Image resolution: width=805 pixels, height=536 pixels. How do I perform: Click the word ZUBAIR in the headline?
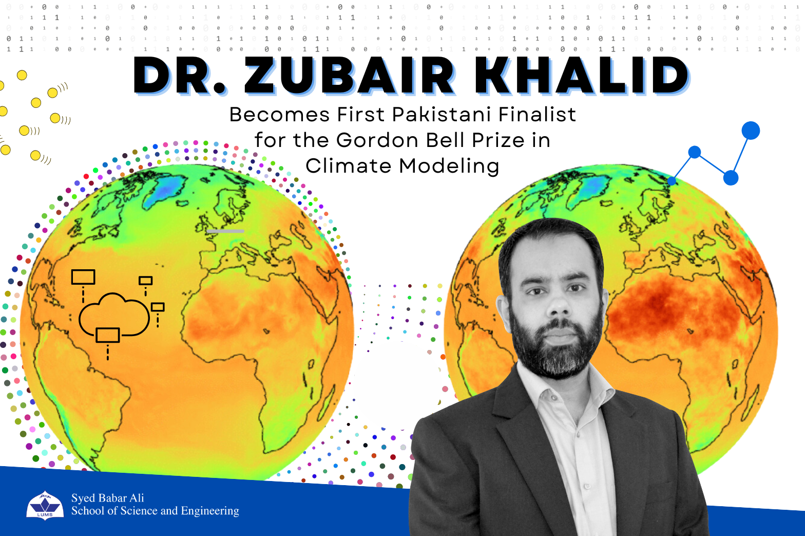[349, 76]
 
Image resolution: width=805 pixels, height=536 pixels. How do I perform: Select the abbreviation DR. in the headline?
[180, 76]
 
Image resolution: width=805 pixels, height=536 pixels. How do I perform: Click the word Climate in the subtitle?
[349, 166]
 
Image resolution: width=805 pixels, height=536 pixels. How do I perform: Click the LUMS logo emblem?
[45, 505]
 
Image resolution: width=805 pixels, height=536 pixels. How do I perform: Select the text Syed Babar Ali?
[107, 498]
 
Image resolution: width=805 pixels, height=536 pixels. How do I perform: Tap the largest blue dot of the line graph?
[750, 131]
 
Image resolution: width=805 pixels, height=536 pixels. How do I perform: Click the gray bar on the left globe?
[225, 231]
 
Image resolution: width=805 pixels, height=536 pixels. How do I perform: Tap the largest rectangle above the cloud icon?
[83, 277]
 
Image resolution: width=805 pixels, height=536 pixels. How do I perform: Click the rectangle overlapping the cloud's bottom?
[108, 335]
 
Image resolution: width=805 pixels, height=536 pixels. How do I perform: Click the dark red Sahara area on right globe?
[662, 308]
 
